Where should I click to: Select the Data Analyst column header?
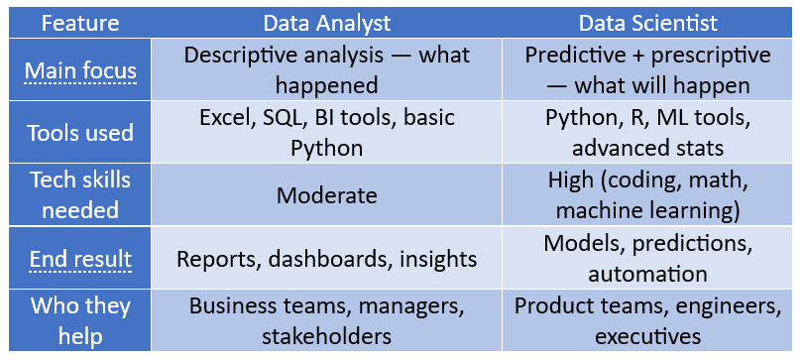click(x=327, y=21)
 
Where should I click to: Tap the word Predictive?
click(x=579, y=55)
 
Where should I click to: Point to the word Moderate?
click(x=327, y=195)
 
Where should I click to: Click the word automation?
click(x=647, y=274)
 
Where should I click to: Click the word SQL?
click(x=287, y=118)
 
